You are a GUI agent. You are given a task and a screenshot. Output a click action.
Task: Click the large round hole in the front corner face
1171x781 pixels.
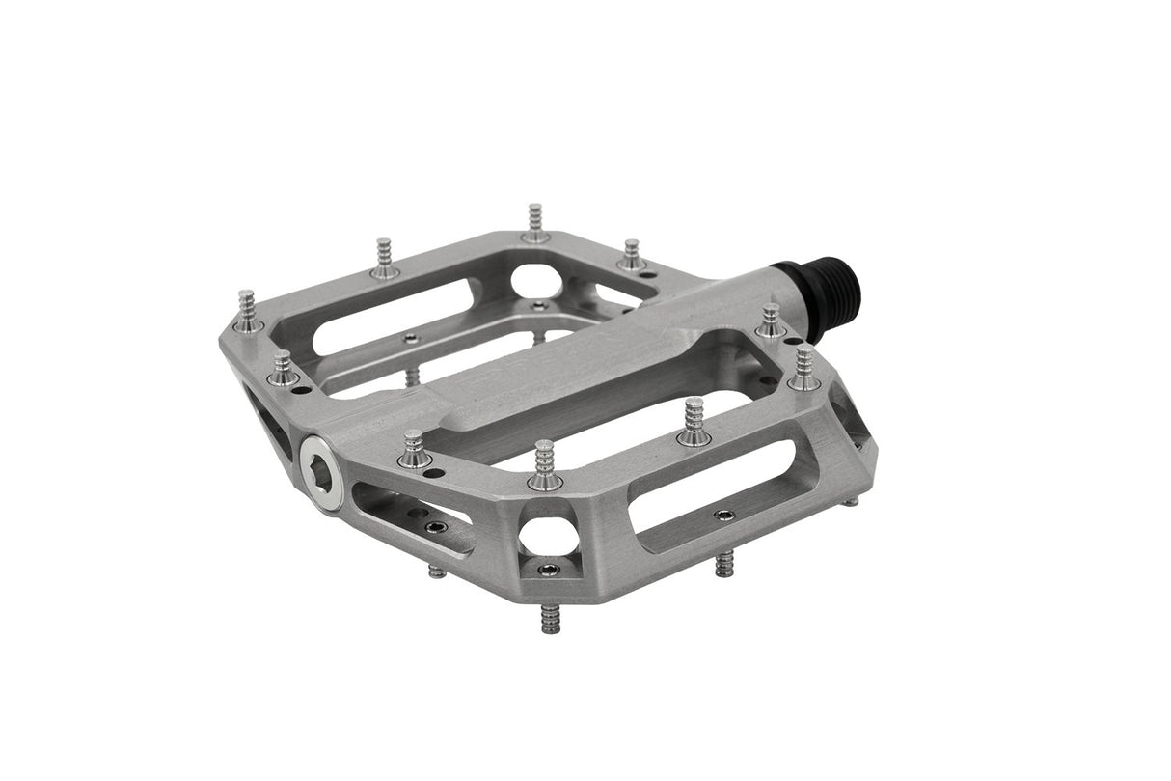548,535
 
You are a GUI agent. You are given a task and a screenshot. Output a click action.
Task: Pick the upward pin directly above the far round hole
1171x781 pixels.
536,223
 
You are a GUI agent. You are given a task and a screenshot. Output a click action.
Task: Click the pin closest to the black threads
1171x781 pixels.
771,321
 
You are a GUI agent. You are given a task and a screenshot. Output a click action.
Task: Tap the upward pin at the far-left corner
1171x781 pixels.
248,311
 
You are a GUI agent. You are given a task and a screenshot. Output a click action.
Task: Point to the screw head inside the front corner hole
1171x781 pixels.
549,570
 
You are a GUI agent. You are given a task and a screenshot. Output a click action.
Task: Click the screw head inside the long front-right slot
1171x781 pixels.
722,515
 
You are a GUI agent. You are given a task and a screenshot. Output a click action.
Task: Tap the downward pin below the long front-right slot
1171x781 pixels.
723,564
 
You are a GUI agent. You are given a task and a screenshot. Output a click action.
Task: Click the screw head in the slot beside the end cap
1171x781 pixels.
435,527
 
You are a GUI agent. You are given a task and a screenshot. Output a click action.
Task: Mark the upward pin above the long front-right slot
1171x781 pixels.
694,422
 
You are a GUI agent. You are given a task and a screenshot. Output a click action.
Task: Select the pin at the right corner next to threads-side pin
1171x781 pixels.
804,369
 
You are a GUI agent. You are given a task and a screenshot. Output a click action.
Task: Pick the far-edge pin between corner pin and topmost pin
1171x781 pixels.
385,259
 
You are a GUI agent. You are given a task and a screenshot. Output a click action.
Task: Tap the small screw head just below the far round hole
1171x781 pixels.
538,306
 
